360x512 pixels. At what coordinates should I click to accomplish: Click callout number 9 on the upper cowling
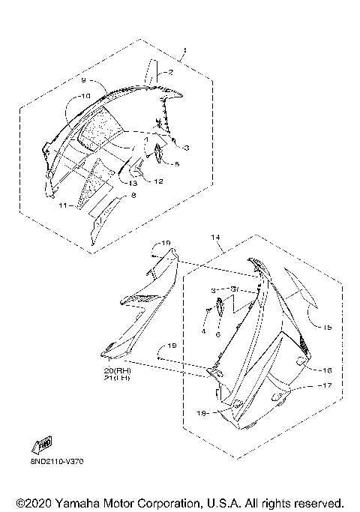tap(85, 79)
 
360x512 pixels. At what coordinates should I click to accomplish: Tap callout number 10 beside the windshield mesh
tap(85, 96)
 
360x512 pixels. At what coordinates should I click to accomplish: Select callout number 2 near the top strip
tap(170, 73)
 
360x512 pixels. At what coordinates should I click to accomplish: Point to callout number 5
tap(178, 163)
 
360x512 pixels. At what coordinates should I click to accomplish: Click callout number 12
tap(159, 181)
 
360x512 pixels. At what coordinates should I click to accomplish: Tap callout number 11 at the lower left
tap(64, 205)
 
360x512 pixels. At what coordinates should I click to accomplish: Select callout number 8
tap(133, 195)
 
